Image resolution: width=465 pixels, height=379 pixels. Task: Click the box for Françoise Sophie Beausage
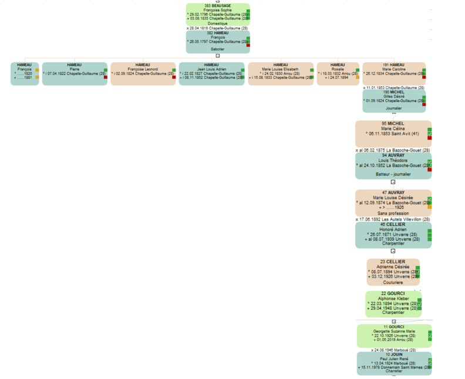coord(218,15)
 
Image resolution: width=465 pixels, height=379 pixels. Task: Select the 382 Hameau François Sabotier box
coord(218,42)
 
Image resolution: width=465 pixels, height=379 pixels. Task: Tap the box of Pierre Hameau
coord(75,74)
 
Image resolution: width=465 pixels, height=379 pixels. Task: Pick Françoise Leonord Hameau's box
coord(143,74)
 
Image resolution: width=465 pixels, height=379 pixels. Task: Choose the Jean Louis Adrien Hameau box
coord(211,74)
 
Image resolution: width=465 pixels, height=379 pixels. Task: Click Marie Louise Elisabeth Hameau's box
coord(281,74)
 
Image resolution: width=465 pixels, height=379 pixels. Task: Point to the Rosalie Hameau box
coord(338,74)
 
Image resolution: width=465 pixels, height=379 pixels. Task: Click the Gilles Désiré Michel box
coord(394,100)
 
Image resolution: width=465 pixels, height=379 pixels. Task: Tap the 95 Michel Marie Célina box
coord(393,133)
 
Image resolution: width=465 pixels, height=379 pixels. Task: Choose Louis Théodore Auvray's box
coord(393,165)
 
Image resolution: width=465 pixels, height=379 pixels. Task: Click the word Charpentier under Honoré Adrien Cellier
coord(392,243)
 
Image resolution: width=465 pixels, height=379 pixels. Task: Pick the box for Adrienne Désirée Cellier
coord(393,272)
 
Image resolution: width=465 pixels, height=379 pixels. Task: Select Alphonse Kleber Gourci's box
coord(393,304)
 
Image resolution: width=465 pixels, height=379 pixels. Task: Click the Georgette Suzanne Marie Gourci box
coord(394,336)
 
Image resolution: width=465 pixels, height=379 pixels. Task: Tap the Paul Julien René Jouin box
coord(394,363)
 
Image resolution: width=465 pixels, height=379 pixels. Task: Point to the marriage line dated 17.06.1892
coord(392,219)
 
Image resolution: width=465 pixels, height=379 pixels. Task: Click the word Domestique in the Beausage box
coord(218,23)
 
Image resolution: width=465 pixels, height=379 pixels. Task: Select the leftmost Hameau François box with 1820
coord(25,74)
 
